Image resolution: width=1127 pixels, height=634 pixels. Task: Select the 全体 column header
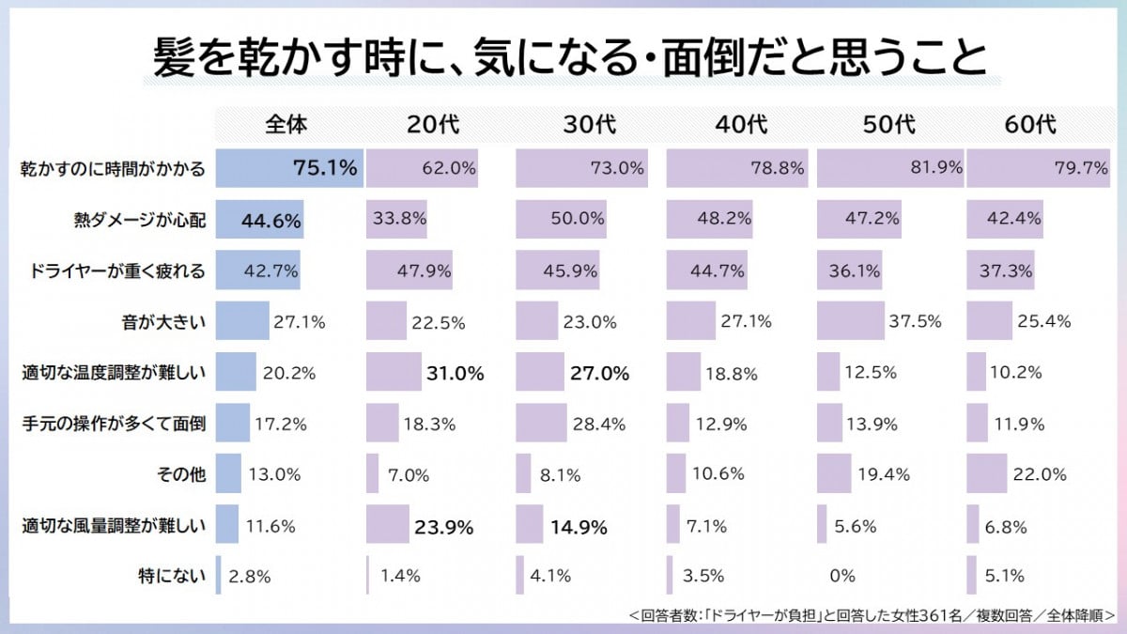(x=286, y=123)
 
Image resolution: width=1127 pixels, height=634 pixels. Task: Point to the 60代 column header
(x=1031, y=123)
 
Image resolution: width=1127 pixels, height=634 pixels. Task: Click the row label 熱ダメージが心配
(x=140, y=221)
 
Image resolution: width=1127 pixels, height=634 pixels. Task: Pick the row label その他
(x=179, y=474)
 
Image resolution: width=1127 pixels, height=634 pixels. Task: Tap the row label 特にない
(x=171, y=575)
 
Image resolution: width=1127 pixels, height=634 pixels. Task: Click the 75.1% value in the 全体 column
(x=325, y=169)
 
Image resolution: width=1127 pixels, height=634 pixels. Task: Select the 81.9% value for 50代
(x=935, y=169)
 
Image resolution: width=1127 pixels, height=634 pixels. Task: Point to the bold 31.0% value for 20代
(x=454, y=373)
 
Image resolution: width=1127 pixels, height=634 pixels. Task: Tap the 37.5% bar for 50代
(x=850, y=322)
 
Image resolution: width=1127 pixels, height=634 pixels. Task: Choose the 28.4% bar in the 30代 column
(x=541, y=424)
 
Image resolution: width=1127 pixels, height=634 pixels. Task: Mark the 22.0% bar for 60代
(x=987, y=474)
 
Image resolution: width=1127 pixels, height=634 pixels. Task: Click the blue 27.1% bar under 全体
(x=242, y=322)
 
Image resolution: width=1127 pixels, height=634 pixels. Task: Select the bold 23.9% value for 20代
(x=442, y=526)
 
